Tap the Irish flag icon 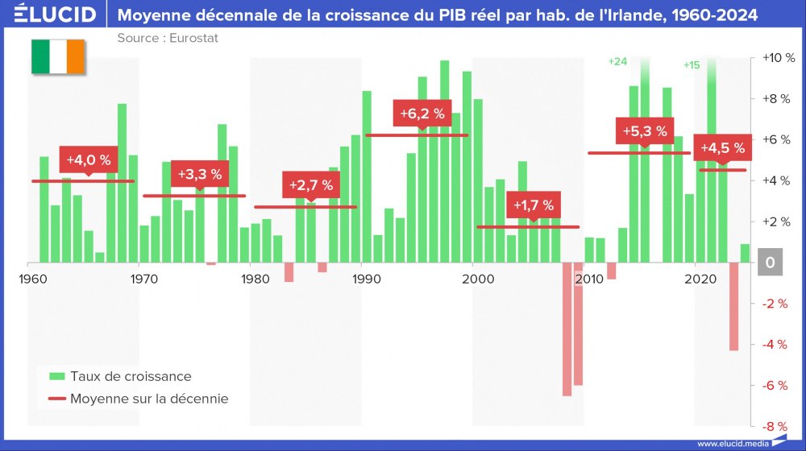pos(57,56)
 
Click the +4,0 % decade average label pos(88,158)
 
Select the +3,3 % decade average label pos(199,174)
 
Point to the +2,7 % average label pos(310,185)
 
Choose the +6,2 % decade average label pos(422,114)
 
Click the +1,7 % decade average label pos(533,205)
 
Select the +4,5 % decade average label pos(722,148)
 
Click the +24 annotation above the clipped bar pos(617,61)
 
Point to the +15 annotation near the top pos(692,65)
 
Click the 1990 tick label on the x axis pos(367,279)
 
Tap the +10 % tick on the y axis pos(778,58)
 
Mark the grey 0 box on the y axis pos(771,263)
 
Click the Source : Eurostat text pos(168,38)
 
